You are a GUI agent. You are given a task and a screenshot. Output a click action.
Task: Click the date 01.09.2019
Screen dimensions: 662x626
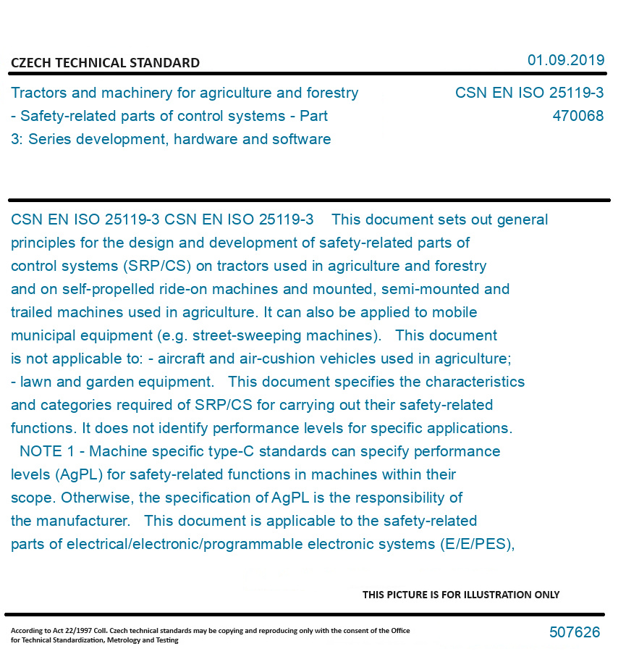click(x=565, y=60)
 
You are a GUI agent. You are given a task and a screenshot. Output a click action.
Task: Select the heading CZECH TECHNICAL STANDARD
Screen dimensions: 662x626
click(x=105, y=63)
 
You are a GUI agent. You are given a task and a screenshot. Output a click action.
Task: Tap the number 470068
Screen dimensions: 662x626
click(x=578, y=116)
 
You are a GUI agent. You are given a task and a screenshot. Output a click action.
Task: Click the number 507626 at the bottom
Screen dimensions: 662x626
click(x=574, y=632)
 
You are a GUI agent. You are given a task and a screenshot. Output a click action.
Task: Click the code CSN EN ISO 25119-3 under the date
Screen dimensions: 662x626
click(x=529, y=93)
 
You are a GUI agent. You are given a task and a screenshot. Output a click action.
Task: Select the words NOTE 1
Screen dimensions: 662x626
click(x=47, y=451)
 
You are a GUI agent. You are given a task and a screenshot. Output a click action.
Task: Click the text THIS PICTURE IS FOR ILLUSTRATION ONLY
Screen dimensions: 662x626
click(x=461, y=595)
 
